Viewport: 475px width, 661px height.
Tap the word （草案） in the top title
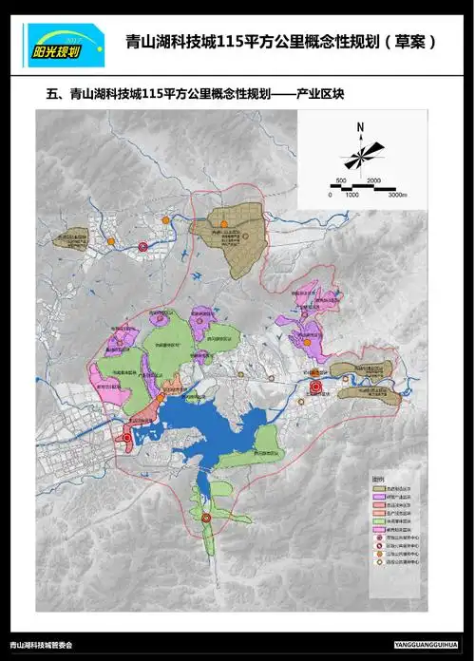click(407, 43)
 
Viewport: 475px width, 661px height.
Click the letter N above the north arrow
click(361, 126)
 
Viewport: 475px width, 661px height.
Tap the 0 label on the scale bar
click(330, 193)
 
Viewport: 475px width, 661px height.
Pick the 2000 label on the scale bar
click(373, 179)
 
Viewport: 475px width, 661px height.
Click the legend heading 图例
click(378, 478)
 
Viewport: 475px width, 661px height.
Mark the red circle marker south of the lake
click(206, 518)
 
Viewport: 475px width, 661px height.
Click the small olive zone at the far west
click(68, 240)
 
